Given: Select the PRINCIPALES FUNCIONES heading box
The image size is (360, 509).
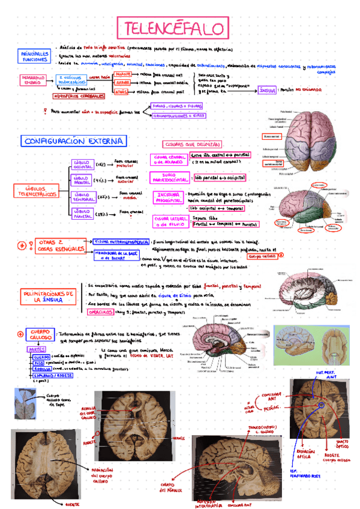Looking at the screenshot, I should tap(35, 57).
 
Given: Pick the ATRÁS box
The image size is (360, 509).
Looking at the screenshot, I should tap(121, 92).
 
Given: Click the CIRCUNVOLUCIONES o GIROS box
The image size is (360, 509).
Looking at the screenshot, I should tap(178, 115).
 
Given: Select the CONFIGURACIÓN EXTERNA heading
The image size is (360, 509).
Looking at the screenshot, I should tap(75, 141).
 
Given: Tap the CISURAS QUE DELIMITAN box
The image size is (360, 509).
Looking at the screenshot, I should tap(192, 145).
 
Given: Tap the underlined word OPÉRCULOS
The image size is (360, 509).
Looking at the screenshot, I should tap(101, 313).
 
